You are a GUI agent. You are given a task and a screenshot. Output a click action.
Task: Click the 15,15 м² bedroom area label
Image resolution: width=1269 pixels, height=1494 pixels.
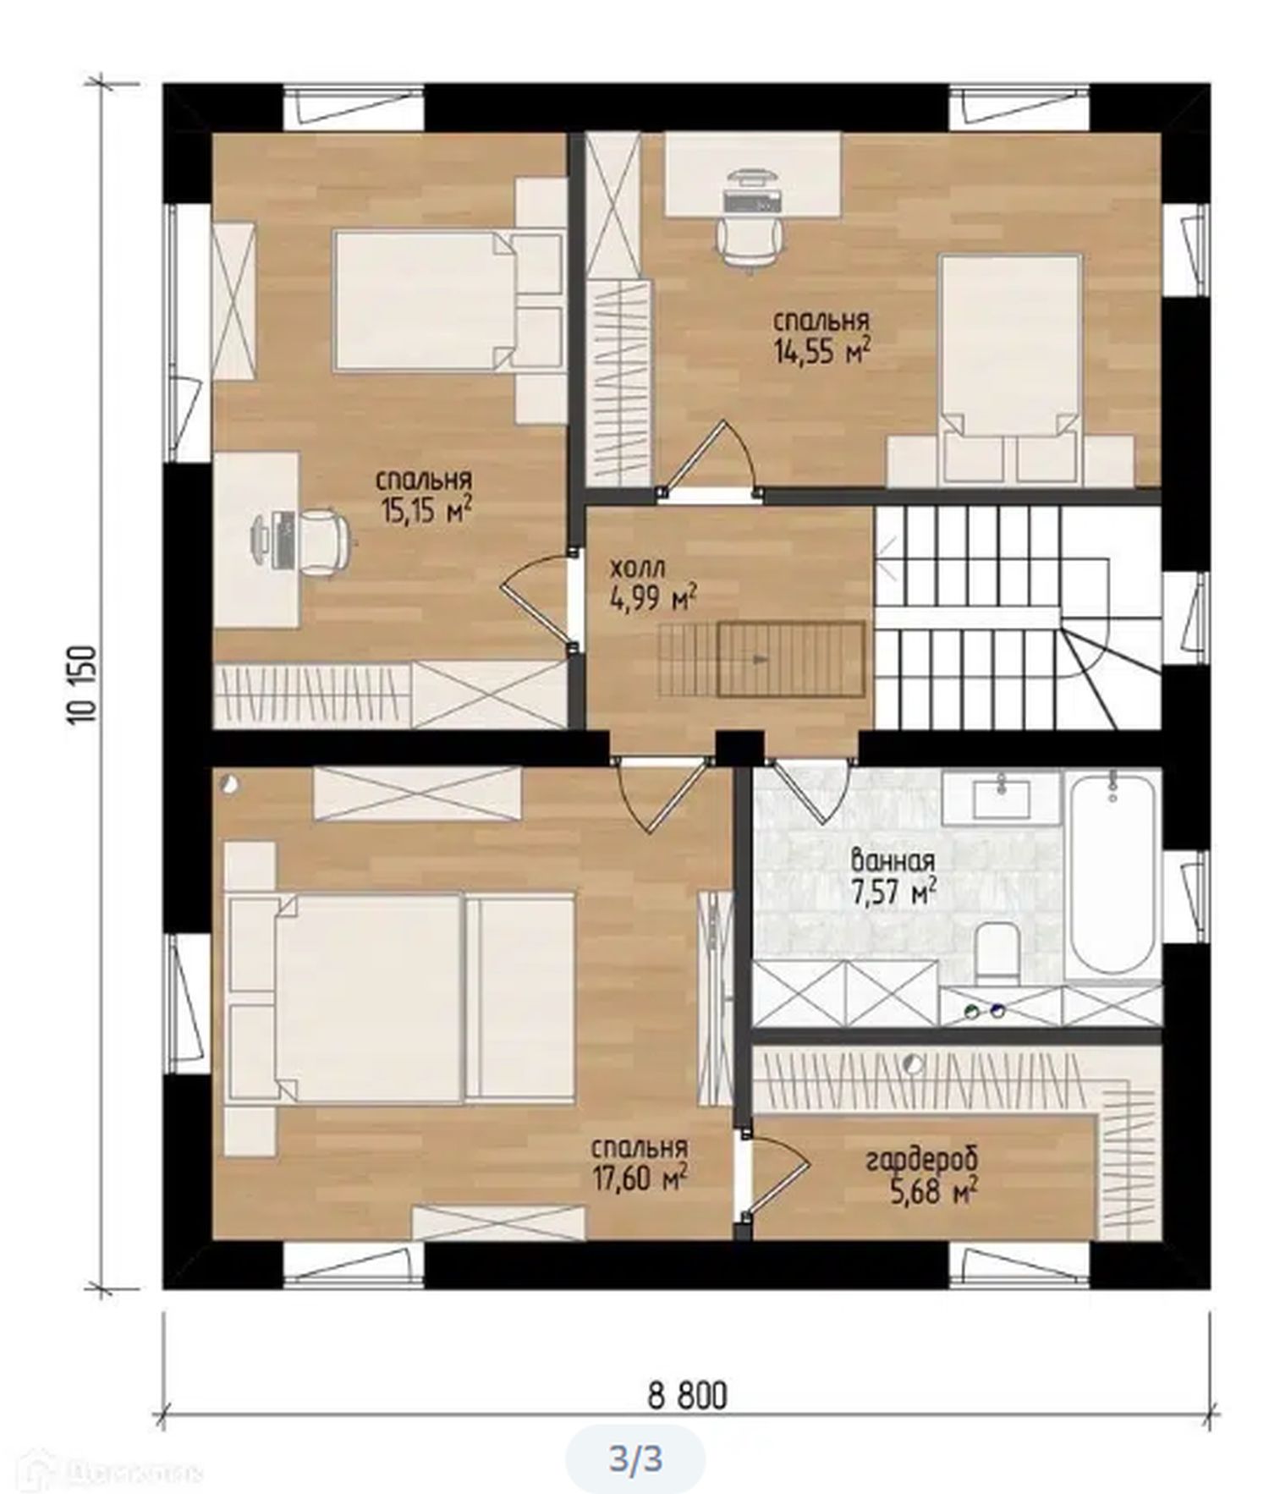(x=424, y=497)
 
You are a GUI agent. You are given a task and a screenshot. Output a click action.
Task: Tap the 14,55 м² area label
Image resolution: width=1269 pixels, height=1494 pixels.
(x=821, y=337)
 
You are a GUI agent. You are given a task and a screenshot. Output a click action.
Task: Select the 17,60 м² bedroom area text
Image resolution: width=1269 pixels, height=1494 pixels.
(x=639, y=1164)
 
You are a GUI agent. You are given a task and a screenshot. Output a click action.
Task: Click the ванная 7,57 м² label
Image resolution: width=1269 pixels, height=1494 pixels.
(x=893, y=877)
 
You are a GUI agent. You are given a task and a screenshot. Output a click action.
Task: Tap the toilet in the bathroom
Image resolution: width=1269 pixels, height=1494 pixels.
(x=996, y=953)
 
